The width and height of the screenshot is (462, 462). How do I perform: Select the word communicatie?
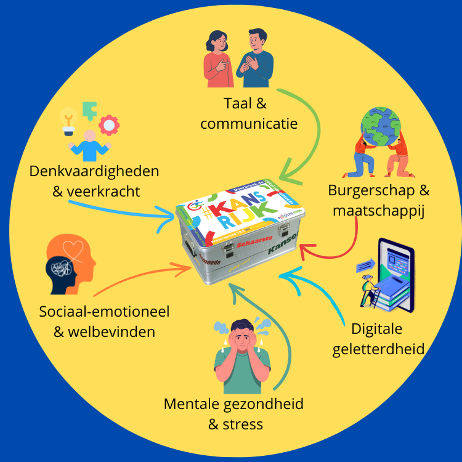point(249,123)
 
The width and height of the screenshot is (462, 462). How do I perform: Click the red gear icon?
point(110,124)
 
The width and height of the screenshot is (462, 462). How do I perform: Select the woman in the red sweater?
point(218,59)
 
